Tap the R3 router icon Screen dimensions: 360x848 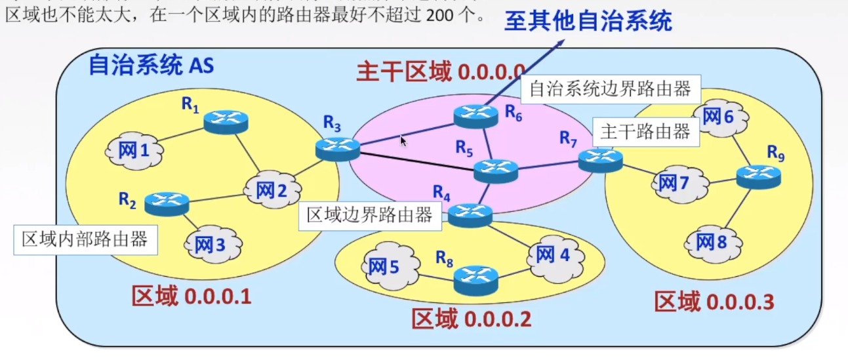click(x=338, y=149)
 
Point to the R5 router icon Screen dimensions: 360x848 click(x=496, y=170)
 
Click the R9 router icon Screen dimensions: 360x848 click(x=759, y=176)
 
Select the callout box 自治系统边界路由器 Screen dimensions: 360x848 click(x=610, y=89)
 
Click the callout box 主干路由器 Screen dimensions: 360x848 click(x=645, y=132)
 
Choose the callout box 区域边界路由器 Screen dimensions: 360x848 click(x=369, y=215)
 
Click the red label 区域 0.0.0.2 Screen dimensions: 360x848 click(x=471, y=319)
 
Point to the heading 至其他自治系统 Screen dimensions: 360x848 click(x=588, y=22)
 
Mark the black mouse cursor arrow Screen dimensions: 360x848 click(x=403, y=140)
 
